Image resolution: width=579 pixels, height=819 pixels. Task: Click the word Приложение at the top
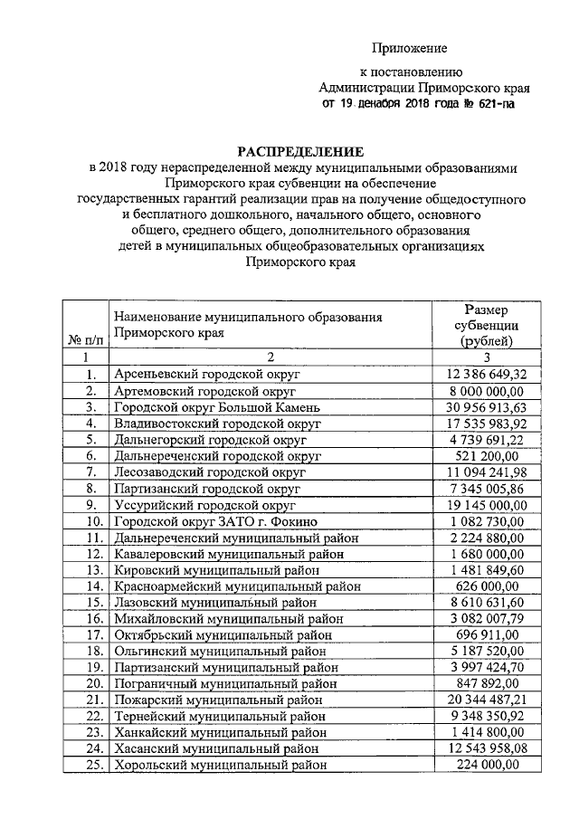412,48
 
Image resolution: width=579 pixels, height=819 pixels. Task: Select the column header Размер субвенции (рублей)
486,326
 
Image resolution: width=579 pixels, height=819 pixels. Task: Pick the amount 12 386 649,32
486,373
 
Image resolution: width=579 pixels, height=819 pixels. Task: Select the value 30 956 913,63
486,406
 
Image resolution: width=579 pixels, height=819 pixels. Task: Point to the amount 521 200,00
486,455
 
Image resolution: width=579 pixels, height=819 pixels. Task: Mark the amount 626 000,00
486,586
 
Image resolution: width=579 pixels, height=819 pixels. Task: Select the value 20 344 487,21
486,700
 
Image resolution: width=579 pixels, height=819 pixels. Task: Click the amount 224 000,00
486,765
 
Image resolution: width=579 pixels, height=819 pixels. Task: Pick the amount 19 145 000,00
486,504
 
